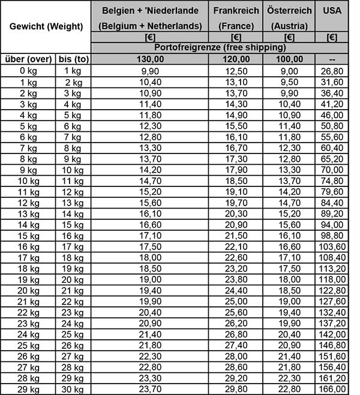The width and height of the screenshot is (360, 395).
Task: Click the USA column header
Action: coord(332,11)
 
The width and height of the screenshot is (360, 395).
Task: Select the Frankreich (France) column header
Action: coord(236,18)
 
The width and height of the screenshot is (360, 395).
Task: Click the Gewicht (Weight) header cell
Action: coord(46,26)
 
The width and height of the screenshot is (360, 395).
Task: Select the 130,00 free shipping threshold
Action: coord(150,59)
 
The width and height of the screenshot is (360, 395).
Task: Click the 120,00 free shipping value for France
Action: coord(236,59)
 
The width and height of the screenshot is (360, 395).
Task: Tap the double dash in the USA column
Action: coord(332,59)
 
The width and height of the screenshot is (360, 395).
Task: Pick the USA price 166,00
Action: coord(332,389)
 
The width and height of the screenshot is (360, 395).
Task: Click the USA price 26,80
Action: coord(332,70)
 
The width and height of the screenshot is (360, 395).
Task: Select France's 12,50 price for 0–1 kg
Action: coord(236,70)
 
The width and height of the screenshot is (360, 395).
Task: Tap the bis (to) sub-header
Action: coord(73,59)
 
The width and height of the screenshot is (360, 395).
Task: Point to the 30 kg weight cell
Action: coord(73,389)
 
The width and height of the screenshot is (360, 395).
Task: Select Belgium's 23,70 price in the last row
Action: coord(150,389)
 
